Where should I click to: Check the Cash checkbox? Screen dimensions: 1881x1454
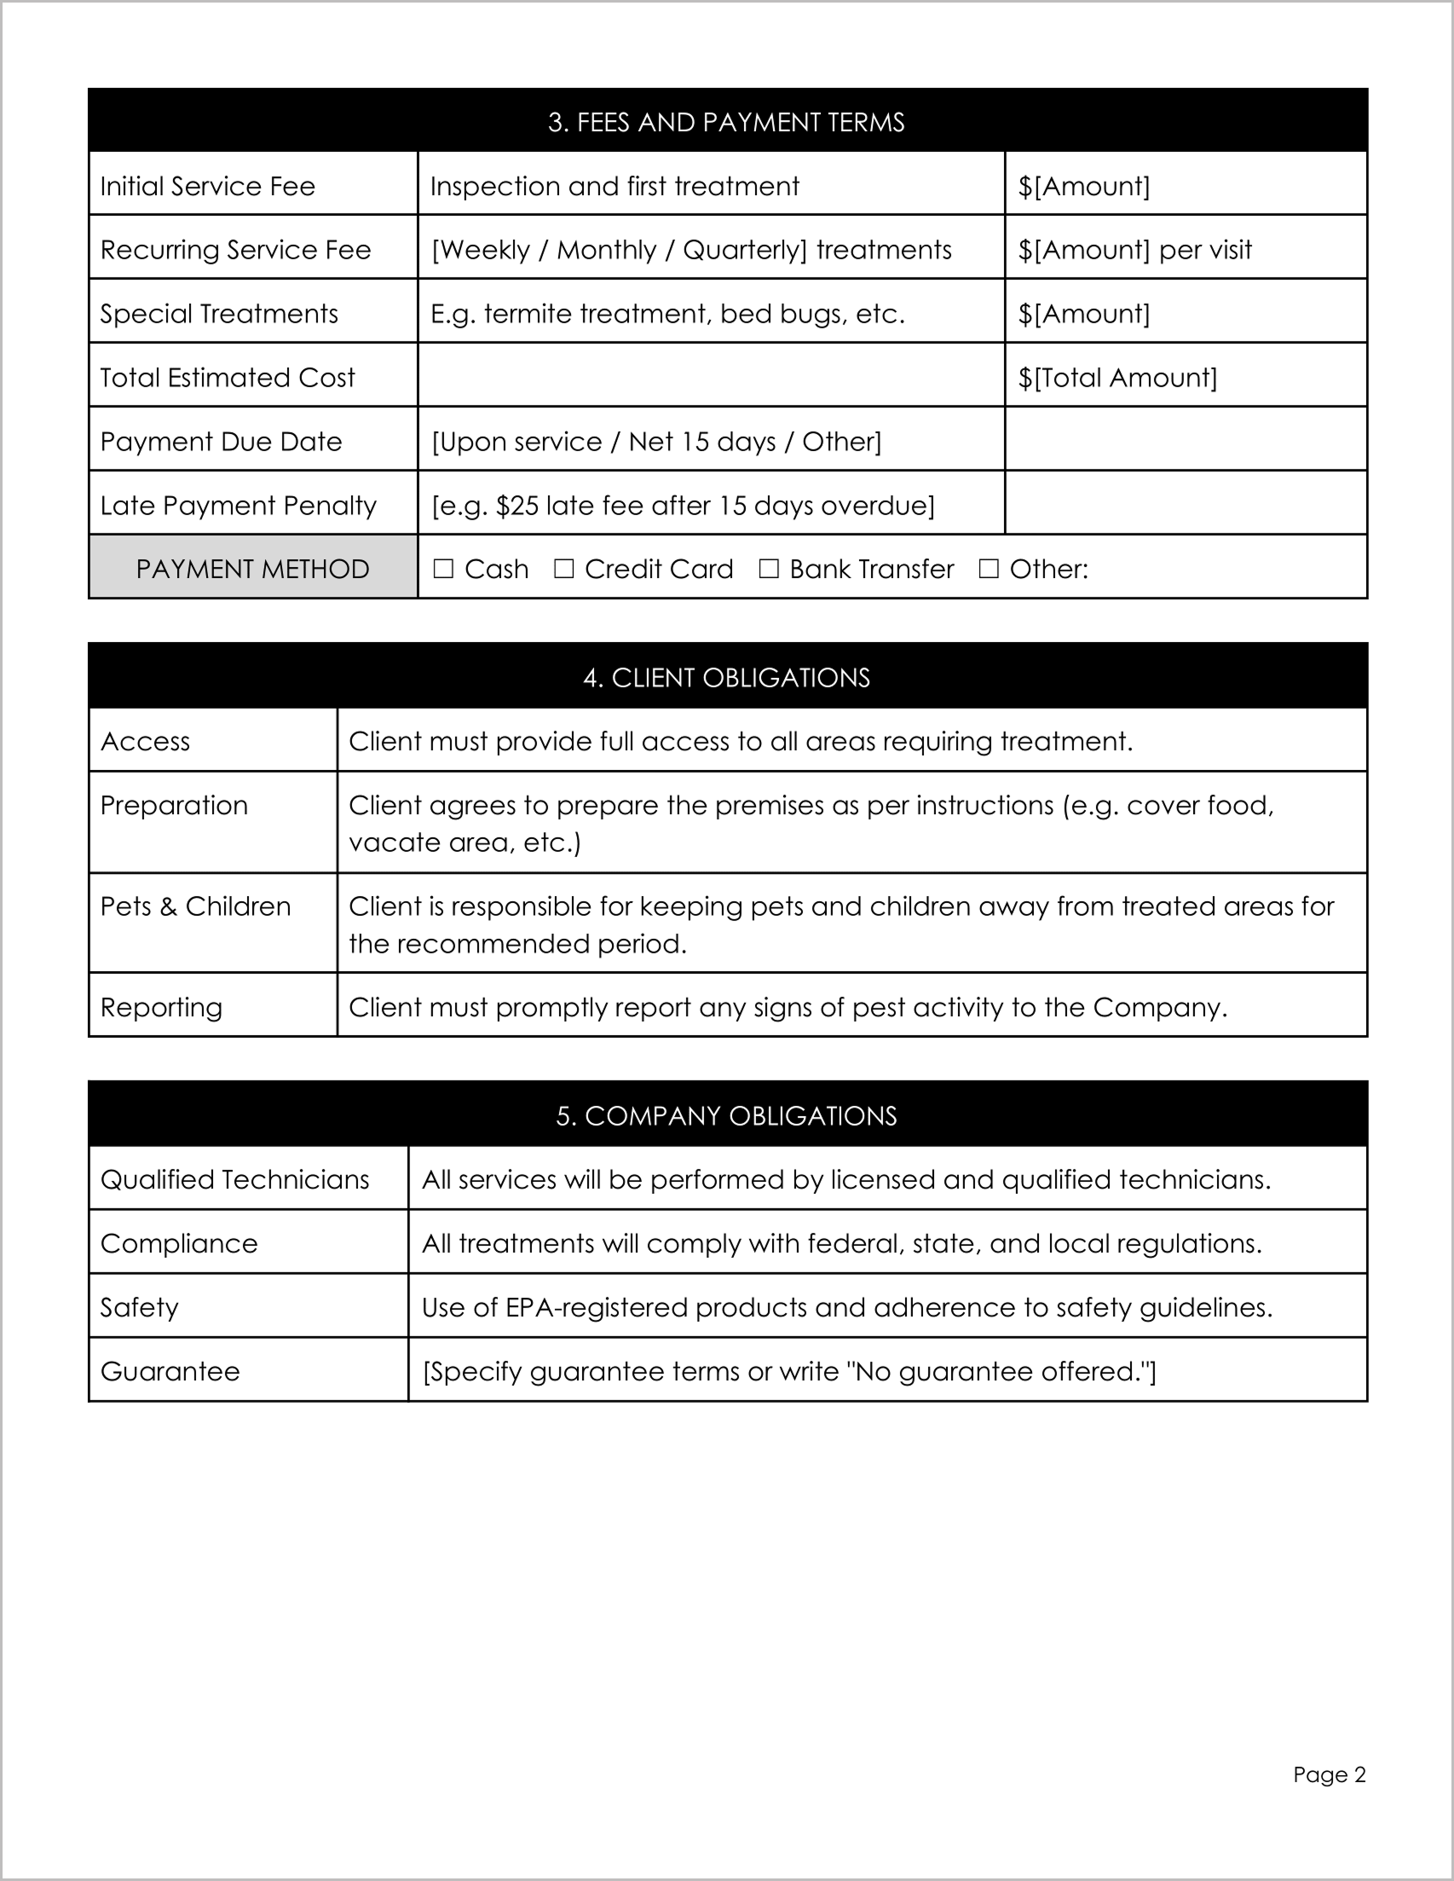[x=443, y=569]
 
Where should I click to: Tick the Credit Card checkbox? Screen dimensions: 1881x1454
[x=564, y=569]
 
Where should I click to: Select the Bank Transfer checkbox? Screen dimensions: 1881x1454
[x=769, y=569]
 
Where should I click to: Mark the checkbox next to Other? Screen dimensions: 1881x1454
[x=990, y=569]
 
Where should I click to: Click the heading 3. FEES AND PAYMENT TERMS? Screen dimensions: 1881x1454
[x=725, y=122]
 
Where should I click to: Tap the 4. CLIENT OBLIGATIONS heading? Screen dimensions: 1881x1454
[x=725, y=678]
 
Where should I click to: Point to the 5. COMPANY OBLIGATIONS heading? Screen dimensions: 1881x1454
[x=725, y=1116]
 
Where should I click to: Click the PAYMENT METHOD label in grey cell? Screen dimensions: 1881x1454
[x=252, y=570]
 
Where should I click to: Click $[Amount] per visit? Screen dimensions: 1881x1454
[x=1134, y=250]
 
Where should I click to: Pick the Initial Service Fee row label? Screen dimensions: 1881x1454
[x=207, y=186]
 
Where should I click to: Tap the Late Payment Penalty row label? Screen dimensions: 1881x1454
[x=239, y=506]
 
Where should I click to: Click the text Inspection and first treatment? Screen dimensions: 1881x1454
[x=614, y=186]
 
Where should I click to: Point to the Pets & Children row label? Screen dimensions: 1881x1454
[x=195, y=906]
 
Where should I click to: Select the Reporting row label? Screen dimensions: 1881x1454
[x=161, y=1007]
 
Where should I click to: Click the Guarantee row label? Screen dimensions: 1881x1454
[x=170, y=1371]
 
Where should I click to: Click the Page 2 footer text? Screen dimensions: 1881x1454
[x=1329, y=1774]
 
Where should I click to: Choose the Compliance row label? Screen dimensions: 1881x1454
[x=179, y=1244]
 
